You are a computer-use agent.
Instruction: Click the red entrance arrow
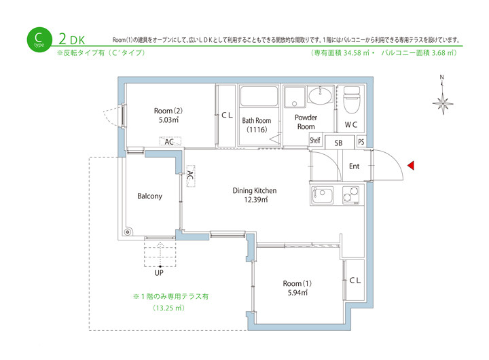(x=411, y=165)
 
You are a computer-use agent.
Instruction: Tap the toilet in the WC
(x=351, y=99)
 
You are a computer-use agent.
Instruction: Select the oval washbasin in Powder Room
(x=320, y=95)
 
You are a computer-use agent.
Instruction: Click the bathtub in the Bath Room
(x=259, y=96)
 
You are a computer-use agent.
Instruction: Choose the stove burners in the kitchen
(x=350, y=195)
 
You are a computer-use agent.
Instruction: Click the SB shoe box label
(x=338, y=143)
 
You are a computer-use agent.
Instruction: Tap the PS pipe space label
(x=361, y=142)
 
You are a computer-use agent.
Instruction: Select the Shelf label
(x=314, y=141)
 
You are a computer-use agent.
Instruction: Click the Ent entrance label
(x=354, y=166)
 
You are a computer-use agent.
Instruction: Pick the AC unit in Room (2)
(x=170, y=141)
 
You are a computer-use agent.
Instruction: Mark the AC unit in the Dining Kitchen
(x=191, y=176)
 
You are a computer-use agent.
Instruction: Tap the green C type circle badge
(x=39, y=39)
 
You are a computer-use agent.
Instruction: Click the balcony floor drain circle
(x=127, y=232)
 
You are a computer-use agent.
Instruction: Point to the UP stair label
(x=159, y=273)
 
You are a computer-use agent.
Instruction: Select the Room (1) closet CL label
(x=355, y=280)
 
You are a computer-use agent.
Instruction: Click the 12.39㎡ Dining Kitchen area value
(x=256, y=200)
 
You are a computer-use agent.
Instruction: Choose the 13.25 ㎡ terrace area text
(x=168, y=308)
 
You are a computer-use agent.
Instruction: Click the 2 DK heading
(x=72, y=39)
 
